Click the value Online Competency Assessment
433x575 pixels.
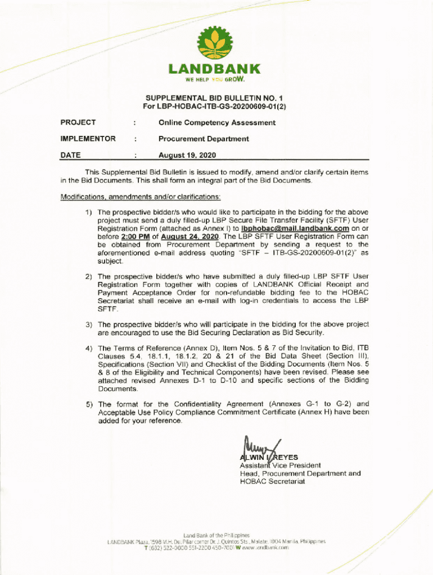pyautogui.click(x=217, y=122)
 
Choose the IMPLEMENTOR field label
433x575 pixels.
pyautogui.click(x=88, y=139)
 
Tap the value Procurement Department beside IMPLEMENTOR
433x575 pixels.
pyautogui.click(x=204, y=139)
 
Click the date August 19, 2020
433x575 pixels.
pyautogui.click(x=187, y=155)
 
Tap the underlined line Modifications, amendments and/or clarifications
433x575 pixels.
pyautogui.click(x=141, y=197)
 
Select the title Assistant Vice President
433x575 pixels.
pyautogui.click(x=280, y=466)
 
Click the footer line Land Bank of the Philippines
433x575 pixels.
pyautogui.click(x=216, y=535)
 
